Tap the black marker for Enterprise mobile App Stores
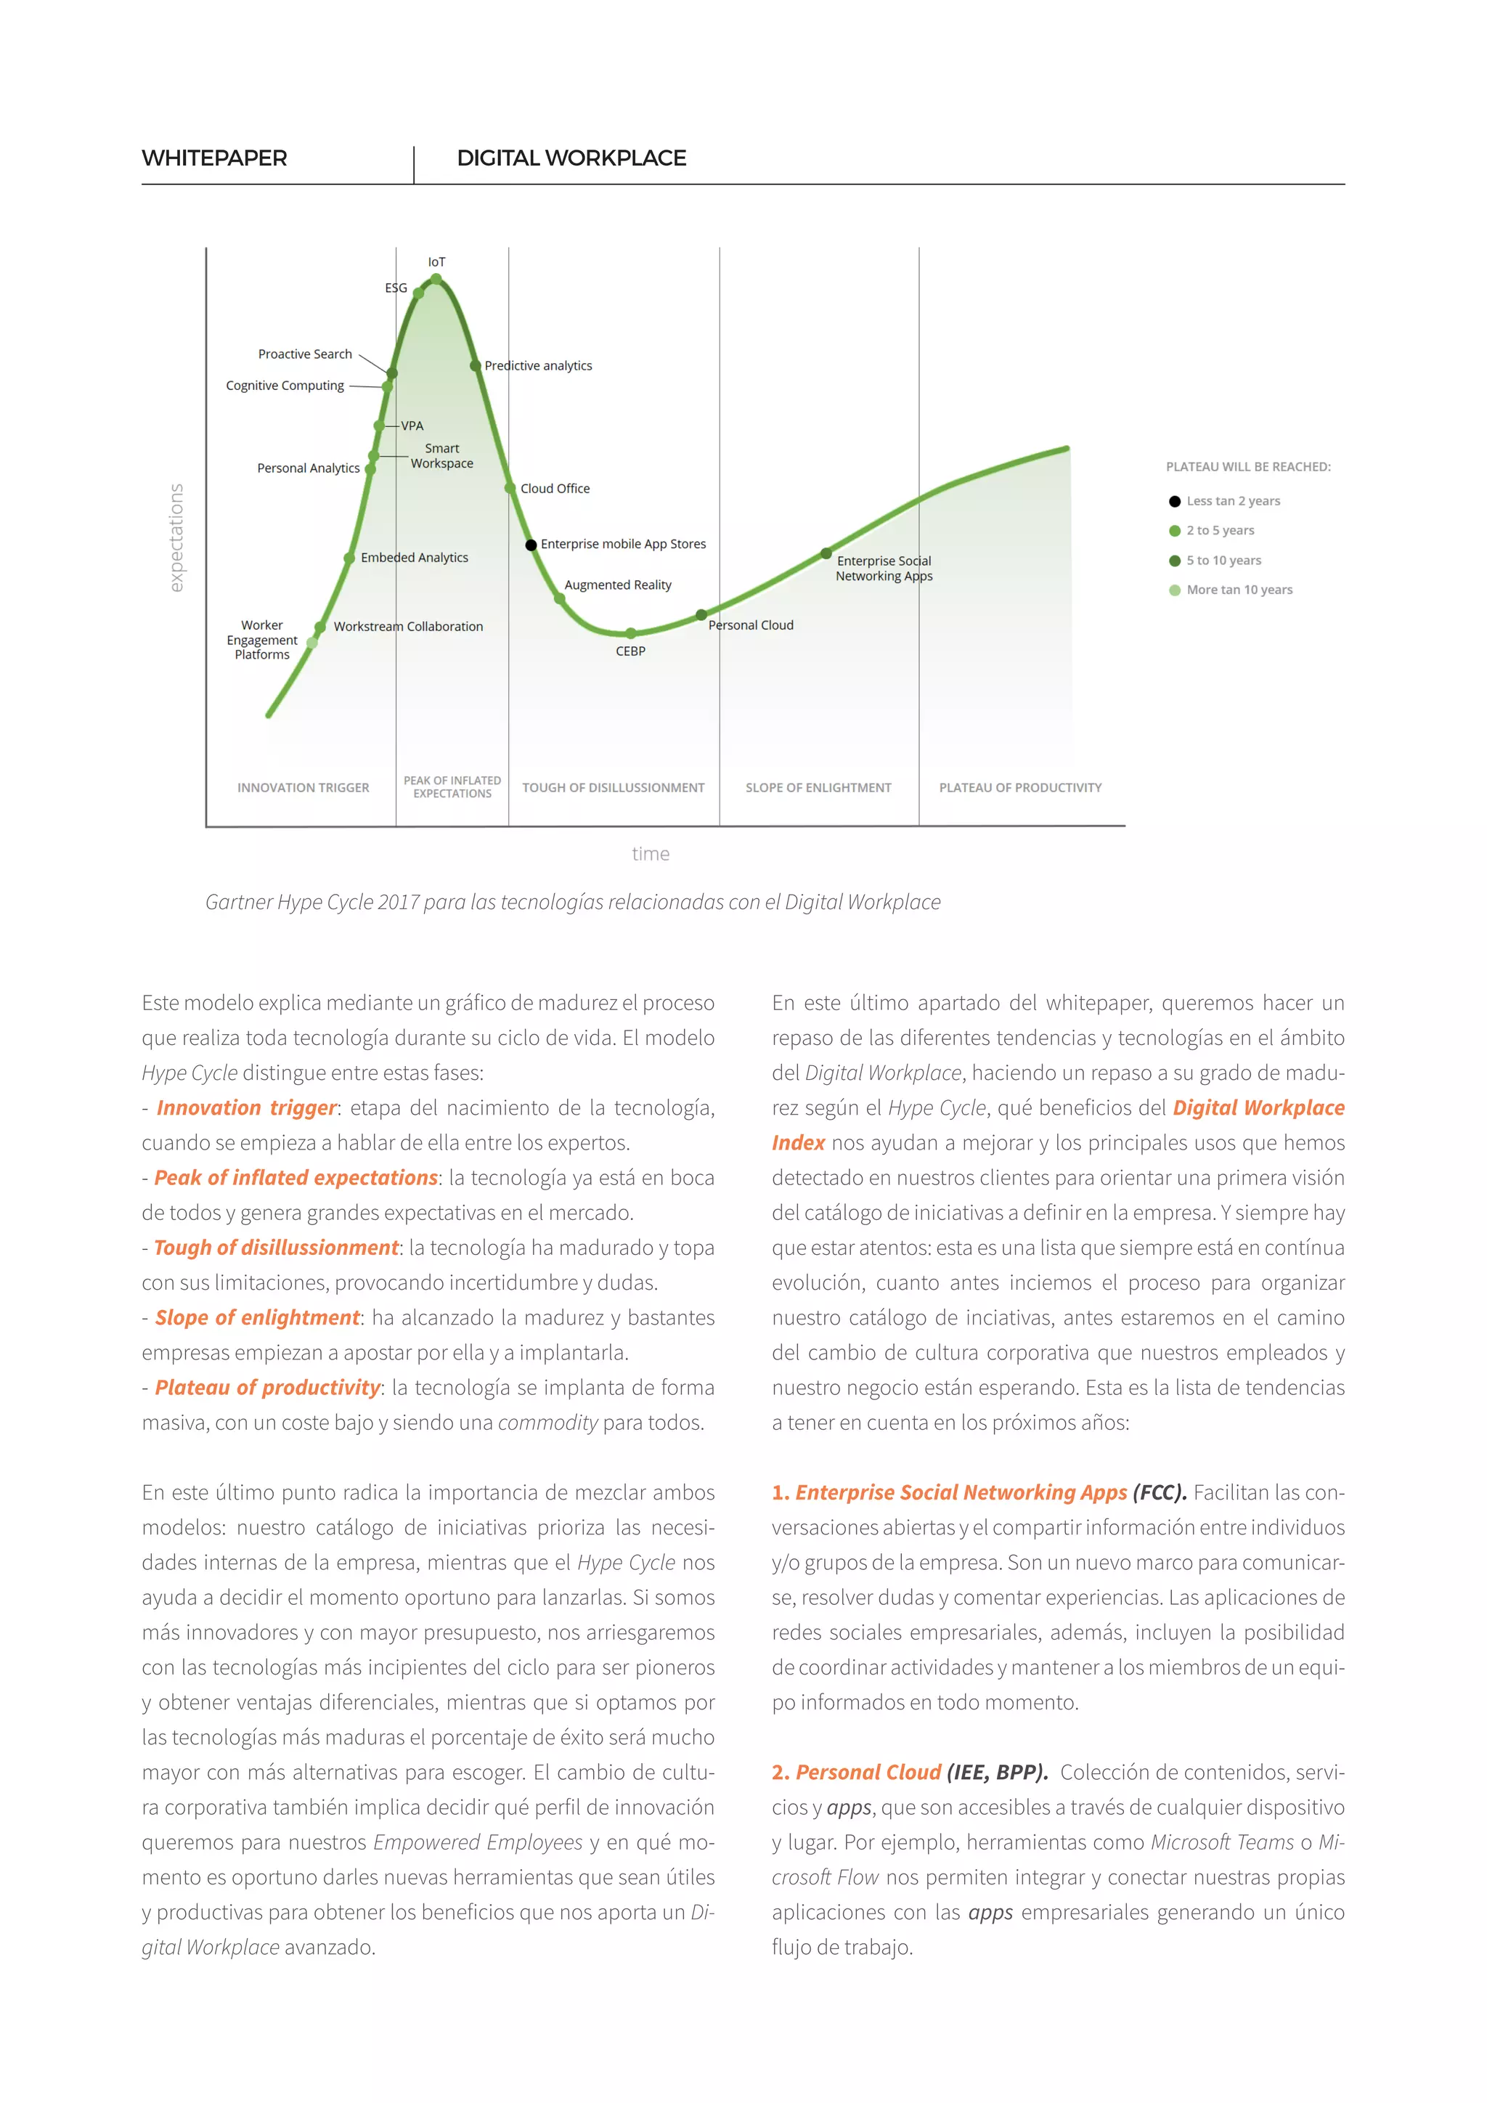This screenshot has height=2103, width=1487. (x=531, y=545)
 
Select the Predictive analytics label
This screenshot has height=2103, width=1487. (x=539, y=365)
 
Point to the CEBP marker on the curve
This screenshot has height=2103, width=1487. (x=631, y=634)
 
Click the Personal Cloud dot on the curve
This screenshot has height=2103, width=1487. (x=701, y=614)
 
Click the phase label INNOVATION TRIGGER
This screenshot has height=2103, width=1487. (x=303, y=788)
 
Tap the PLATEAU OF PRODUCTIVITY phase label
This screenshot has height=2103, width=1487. (x=1020, y=788)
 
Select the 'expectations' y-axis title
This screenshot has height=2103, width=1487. (x=176, y=537)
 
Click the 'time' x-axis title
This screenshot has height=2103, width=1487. (x=650, y=854)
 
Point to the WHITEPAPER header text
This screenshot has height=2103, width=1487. (x=214, y=158)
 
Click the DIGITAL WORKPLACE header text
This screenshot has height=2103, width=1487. (x=571, y=158)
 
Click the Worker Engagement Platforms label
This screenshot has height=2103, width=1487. (x=262, y=640)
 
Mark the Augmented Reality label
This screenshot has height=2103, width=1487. (x=617, y=585)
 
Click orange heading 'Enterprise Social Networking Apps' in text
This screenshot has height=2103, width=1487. (x=961, y=1492)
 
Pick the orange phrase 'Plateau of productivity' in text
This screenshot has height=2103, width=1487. (x=267, y=1388)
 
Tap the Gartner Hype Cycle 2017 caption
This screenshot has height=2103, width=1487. (x=572, y=902)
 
